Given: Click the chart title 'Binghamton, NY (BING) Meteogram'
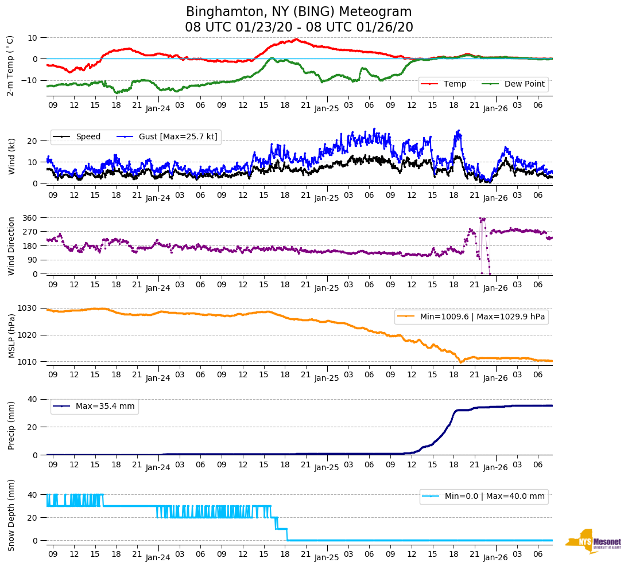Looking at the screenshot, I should point(299,11).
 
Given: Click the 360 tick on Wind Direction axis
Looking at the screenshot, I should point(30,218).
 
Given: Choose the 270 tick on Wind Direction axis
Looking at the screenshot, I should point(30,232).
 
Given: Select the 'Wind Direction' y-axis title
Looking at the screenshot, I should point(11,245).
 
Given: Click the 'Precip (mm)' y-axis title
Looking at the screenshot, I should point(11,425).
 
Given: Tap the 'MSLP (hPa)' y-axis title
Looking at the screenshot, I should point(11,335).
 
